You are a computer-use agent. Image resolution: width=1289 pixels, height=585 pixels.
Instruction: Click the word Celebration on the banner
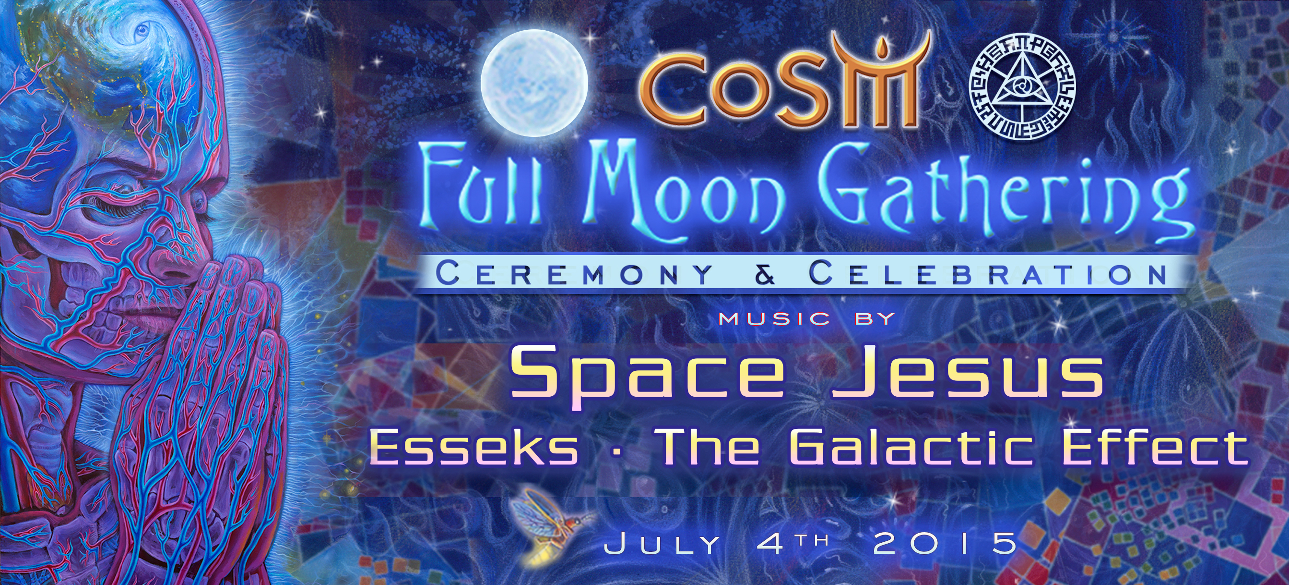pos(987,274)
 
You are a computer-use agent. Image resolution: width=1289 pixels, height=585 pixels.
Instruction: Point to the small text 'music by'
pos(806,318)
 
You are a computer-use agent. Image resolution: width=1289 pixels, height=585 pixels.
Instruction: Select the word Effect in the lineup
pos(1153,447)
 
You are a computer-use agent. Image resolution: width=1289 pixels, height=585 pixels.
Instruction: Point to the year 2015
pos(945,544)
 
